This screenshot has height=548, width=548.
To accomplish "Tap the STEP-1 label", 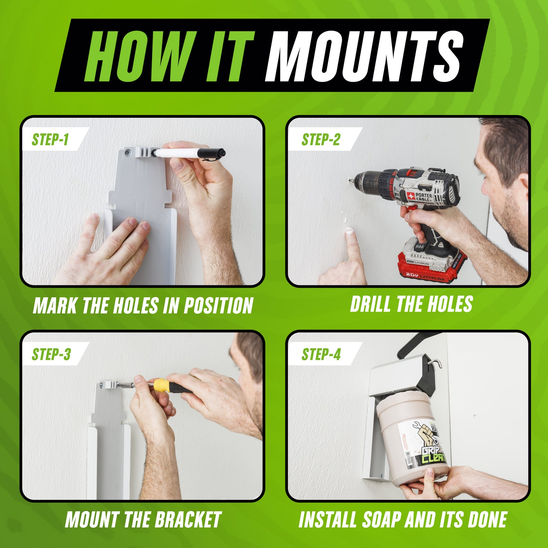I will pos(50,139).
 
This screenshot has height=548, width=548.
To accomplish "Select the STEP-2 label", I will pos(321,139).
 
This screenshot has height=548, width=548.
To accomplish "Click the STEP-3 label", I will pos(51,354).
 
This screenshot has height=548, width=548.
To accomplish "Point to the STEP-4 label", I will pos(321,354).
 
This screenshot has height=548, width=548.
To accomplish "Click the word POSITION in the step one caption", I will pos(219,306).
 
